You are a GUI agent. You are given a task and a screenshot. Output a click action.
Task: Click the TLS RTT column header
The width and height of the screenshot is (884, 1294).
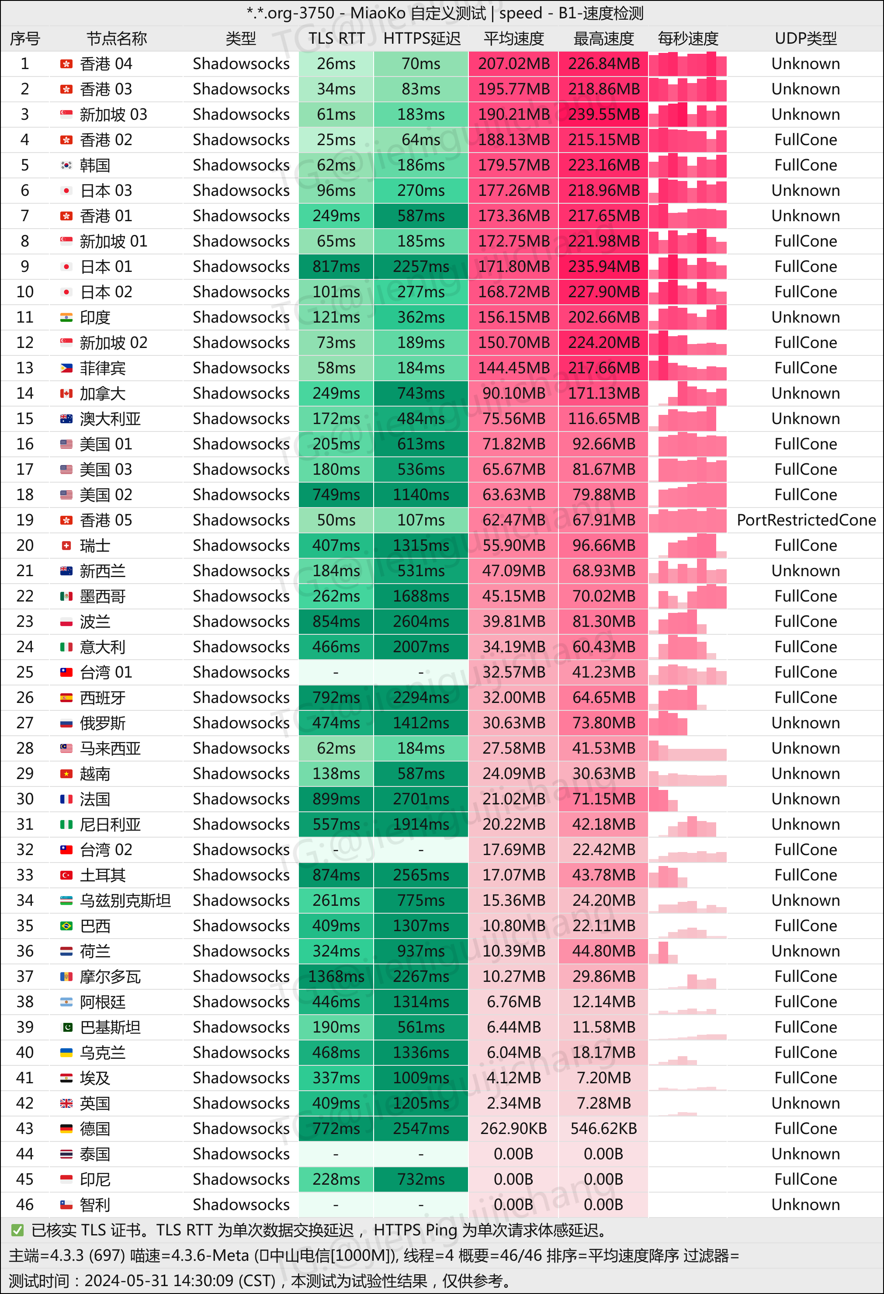[x=336, y=38]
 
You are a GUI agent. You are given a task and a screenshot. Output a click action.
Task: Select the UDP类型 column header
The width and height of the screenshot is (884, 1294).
[x=805, y=38]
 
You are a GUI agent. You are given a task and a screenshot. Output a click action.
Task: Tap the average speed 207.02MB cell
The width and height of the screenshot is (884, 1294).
[x=513, y=63]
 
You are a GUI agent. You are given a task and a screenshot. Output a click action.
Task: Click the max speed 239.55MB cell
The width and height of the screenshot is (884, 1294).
[x=603, y=114]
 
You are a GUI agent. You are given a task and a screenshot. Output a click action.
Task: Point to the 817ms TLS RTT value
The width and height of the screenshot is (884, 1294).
[x=336, y=266]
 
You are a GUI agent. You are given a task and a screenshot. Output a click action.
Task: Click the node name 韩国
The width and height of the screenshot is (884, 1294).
[x=95, y=165]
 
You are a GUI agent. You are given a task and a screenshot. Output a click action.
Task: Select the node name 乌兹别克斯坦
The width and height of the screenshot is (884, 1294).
[x=125, y=901]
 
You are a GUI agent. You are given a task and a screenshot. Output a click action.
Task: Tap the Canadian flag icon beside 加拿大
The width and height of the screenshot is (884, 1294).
[x=66, y=393]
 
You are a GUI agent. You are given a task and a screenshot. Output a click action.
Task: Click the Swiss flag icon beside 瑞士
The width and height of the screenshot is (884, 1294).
[x=66, y=546]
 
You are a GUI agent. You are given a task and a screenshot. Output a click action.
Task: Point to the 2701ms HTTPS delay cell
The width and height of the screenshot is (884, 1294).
[x=421, y=799]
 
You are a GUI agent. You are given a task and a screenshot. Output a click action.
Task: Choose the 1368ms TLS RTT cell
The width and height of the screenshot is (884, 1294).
[x=336, y=976]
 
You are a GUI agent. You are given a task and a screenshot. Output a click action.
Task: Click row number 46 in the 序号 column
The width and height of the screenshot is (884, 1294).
[x=25, y=1204]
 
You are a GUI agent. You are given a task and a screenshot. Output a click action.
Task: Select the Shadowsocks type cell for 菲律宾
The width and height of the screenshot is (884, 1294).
[x=241, y=368]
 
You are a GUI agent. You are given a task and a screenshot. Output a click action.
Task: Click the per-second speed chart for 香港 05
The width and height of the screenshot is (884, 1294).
[x=687, y=520]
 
